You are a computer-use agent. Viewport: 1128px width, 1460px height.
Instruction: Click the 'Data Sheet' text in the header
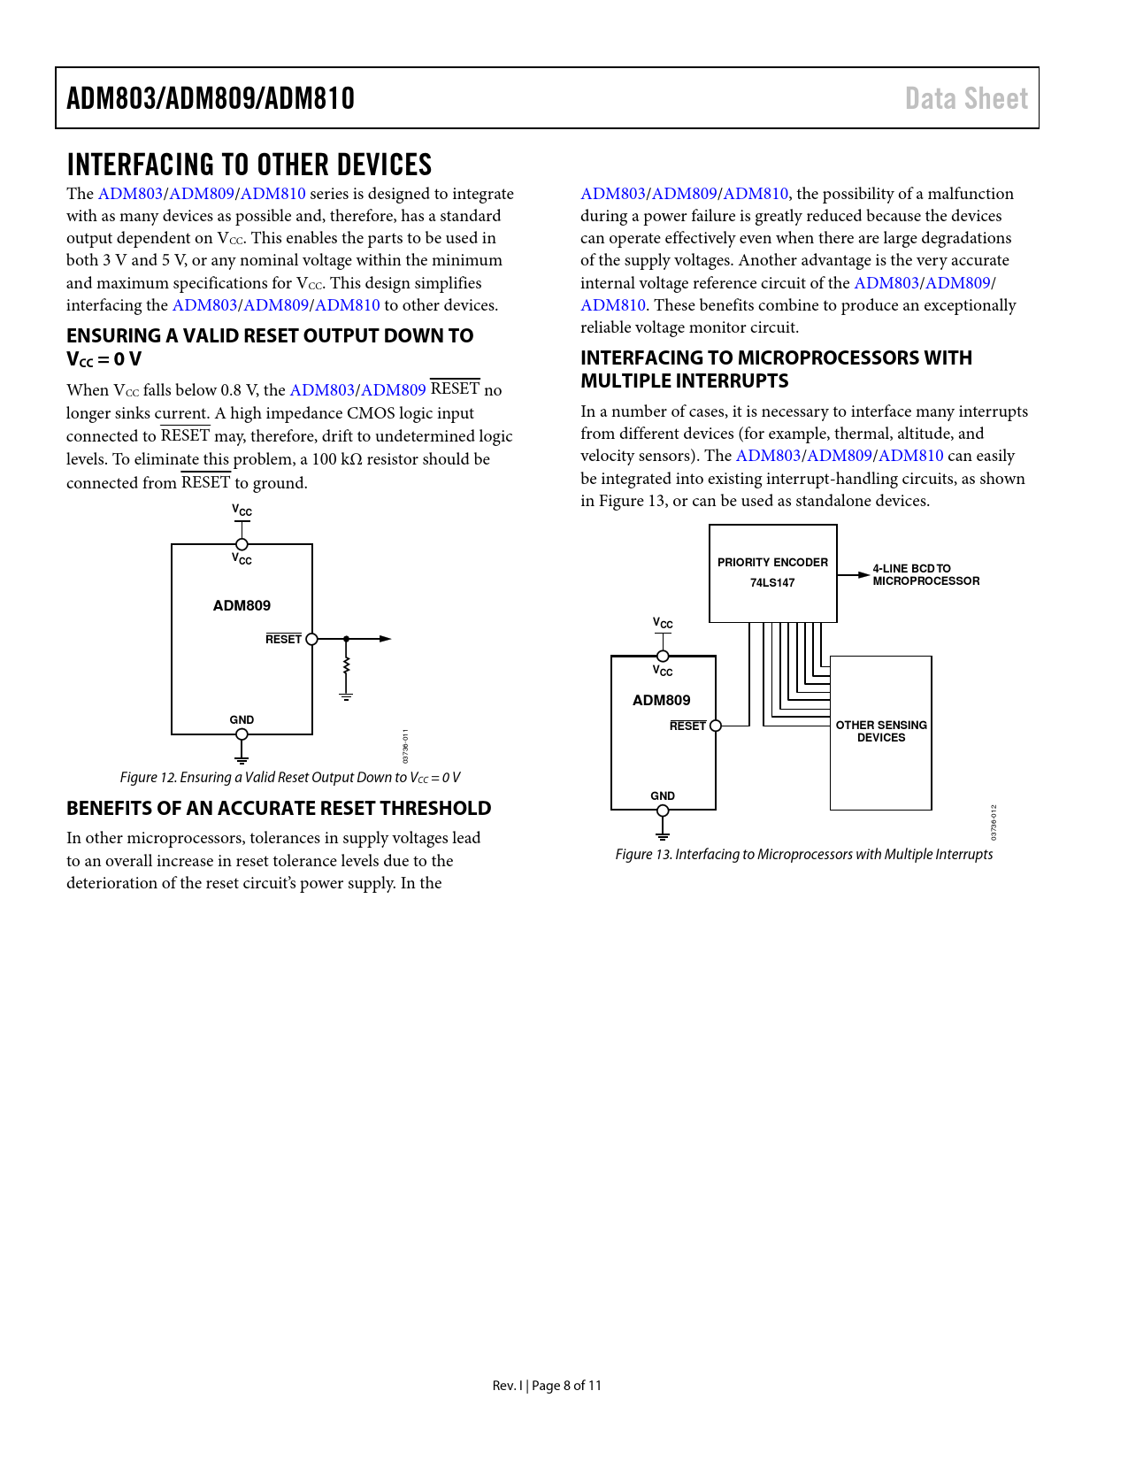(966, 98)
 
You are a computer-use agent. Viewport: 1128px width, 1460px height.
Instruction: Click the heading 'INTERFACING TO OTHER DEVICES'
(249, 165)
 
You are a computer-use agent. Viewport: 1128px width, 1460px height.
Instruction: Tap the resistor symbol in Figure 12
(347, 665)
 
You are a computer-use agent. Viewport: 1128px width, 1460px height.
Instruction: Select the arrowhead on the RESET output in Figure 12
(386, 639)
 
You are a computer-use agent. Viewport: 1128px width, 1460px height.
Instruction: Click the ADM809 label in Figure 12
(242, 605)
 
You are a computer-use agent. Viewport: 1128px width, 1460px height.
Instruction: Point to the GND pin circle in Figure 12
(242, 734)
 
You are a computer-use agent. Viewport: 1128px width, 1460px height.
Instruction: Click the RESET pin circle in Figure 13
(716, 726)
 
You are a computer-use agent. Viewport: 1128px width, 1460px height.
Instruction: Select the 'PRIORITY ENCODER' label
(772, 562)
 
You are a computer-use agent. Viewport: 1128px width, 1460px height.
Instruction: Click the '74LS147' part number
(772, 582)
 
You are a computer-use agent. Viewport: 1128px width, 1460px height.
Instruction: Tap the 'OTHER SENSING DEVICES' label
(881, 731)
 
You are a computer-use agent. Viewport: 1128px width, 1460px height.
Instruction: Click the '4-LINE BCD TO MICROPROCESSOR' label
(925, 575)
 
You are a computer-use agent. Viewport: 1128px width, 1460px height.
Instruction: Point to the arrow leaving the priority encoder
(855, 575)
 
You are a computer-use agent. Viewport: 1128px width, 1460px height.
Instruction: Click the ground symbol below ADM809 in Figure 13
(663, 834)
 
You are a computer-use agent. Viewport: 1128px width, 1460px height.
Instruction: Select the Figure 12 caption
(290, 777)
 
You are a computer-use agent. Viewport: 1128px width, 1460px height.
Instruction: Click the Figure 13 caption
(803, 854)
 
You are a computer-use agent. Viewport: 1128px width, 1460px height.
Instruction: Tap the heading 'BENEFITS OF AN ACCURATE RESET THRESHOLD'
(279, 808)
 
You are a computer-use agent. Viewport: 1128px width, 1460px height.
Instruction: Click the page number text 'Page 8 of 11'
(566, 1385)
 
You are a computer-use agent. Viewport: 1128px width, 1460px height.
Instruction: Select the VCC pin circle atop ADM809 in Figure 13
(663, 657)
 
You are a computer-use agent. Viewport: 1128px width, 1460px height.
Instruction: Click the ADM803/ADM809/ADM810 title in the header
(211, 98)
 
